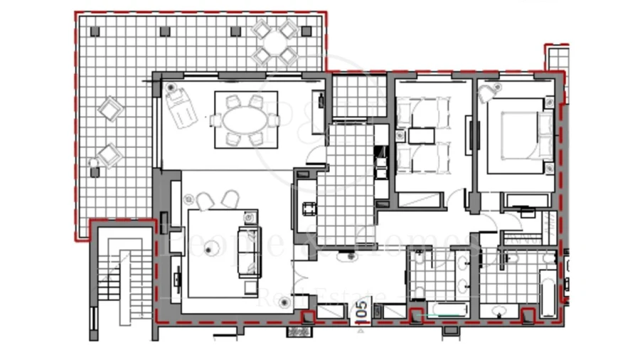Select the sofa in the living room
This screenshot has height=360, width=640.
250,253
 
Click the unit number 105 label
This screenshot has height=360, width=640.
361,311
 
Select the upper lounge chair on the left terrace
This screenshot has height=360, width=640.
110,109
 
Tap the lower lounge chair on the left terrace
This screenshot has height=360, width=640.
109,154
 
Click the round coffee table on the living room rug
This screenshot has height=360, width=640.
210,248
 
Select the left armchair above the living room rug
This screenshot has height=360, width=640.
204,201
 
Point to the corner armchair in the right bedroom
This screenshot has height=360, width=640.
487,93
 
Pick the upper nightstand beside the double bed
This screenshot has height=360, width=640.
549,104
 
